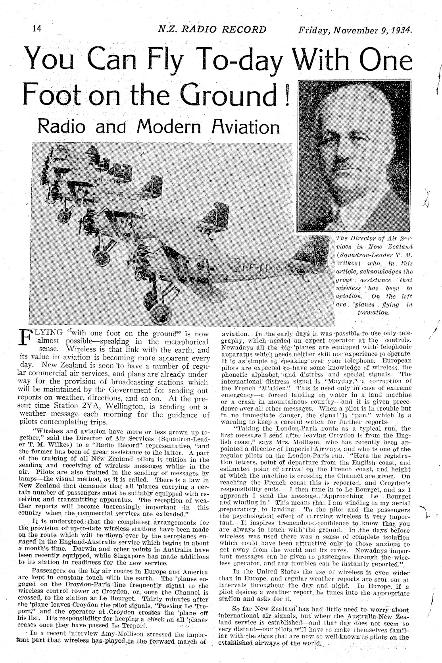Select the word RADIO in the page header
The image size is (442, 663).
pyautogui.click(x=200, y=29)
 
